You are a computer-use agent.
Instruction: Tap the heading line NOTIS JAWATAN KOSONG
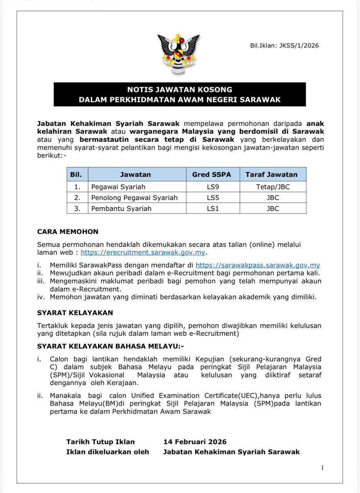click(180, 90)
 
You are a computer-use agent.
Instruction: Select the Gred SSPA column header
click(211, 174)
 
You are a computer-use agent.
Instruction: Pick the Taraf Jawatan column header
click(271, 174)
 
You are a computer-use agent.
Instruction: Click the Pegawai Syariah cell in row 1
click(113, 187)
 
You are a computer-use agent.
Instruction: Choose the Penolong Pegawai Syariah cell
click(134, 198)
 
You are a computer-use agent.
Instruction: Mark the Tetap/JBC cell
click(273, 187)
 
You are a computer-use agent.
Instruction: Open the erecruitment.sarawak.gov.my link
click(143, 253)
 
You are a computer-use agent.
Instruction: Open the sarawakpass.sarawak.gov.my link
click(257, 265)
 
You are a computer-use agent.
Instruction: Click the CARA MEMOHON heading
click(68, 232)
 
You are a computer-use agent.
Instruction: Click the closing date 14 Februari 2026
click(195, 442)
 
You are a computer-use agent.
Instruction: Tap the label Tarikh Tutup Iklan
click(101, 442)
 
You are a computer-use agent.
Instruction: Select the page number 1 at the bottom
click(322, 468)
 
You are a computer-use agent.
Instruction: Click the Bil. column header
click(76, 174)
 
